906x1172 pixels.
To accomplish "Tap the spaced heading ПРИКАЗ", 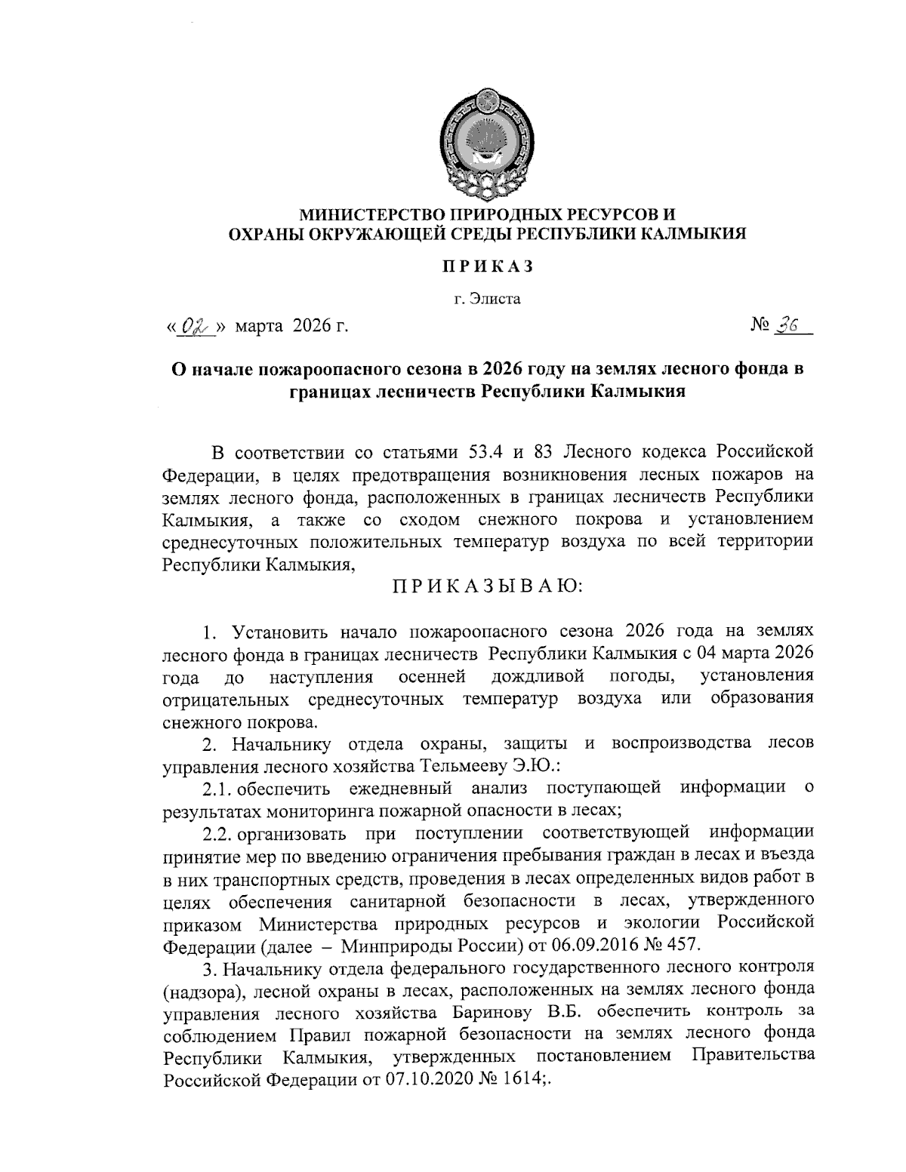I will click(488, 266).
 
